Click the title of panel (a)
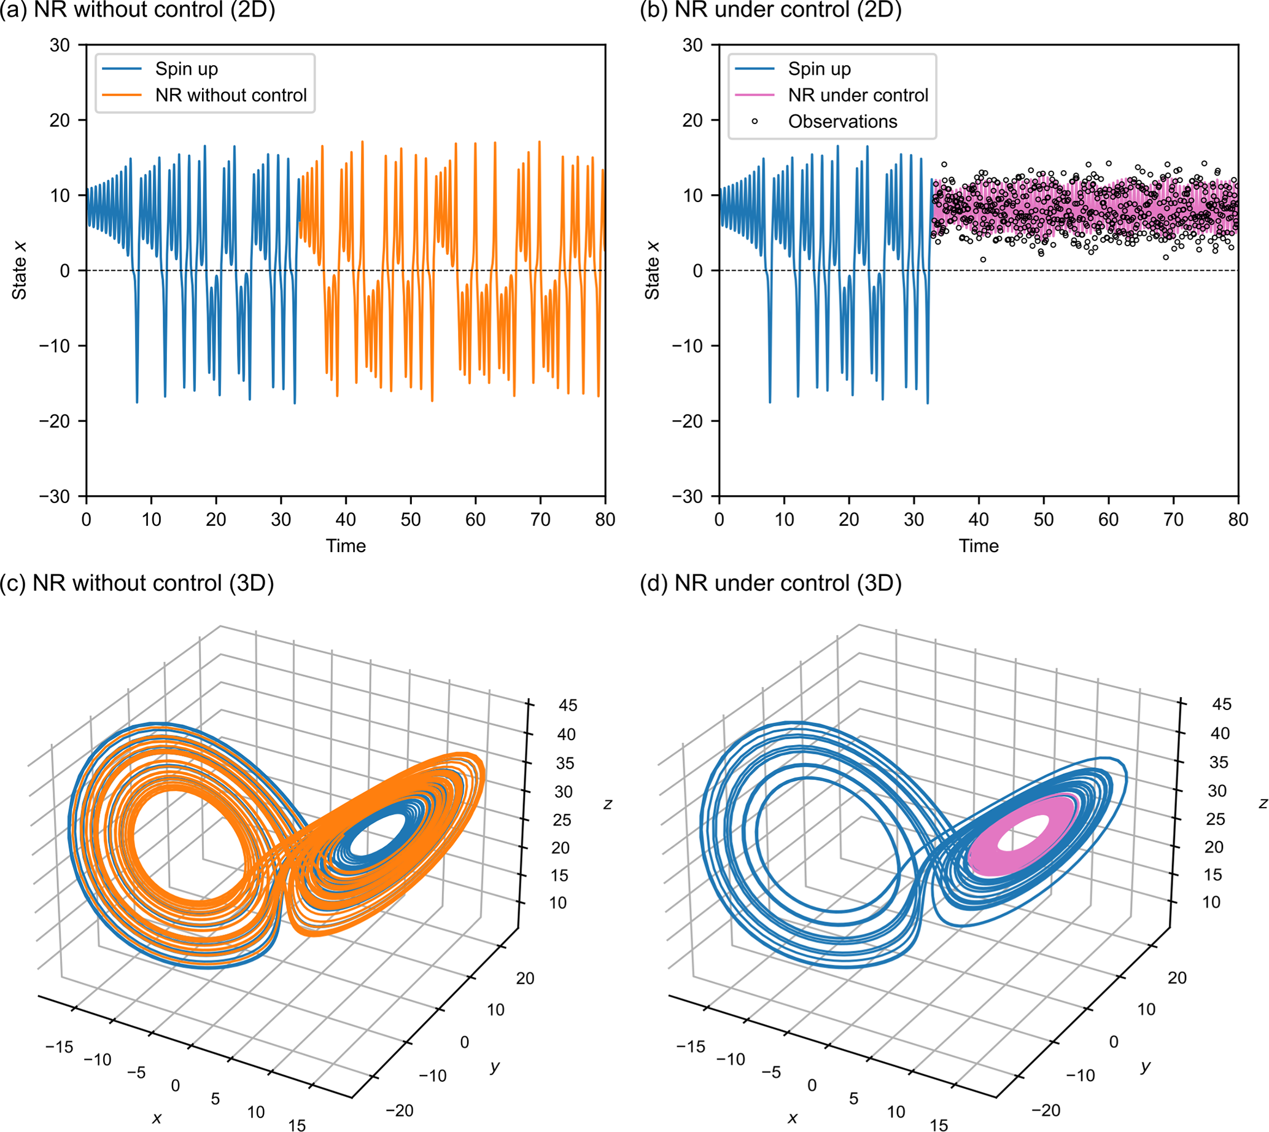point(138,10)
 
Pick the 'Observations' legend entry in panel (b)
point(842,121)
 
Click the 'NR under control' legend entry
point(858,95)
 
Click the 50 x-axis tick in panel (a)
point(410,520)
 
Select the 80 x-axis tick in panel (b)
point(1238,520)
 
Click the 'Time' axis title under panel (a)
point(346,546)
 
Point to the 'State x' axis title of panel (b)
point(651,270)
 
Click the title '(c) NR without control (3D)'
point(137,584)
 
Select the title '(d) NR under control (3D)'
point(770,584)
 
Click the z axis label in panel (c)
point(607,804)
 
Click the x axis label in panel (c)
point(157,1118)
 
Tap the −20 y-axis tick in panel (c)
point(399,1111)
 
